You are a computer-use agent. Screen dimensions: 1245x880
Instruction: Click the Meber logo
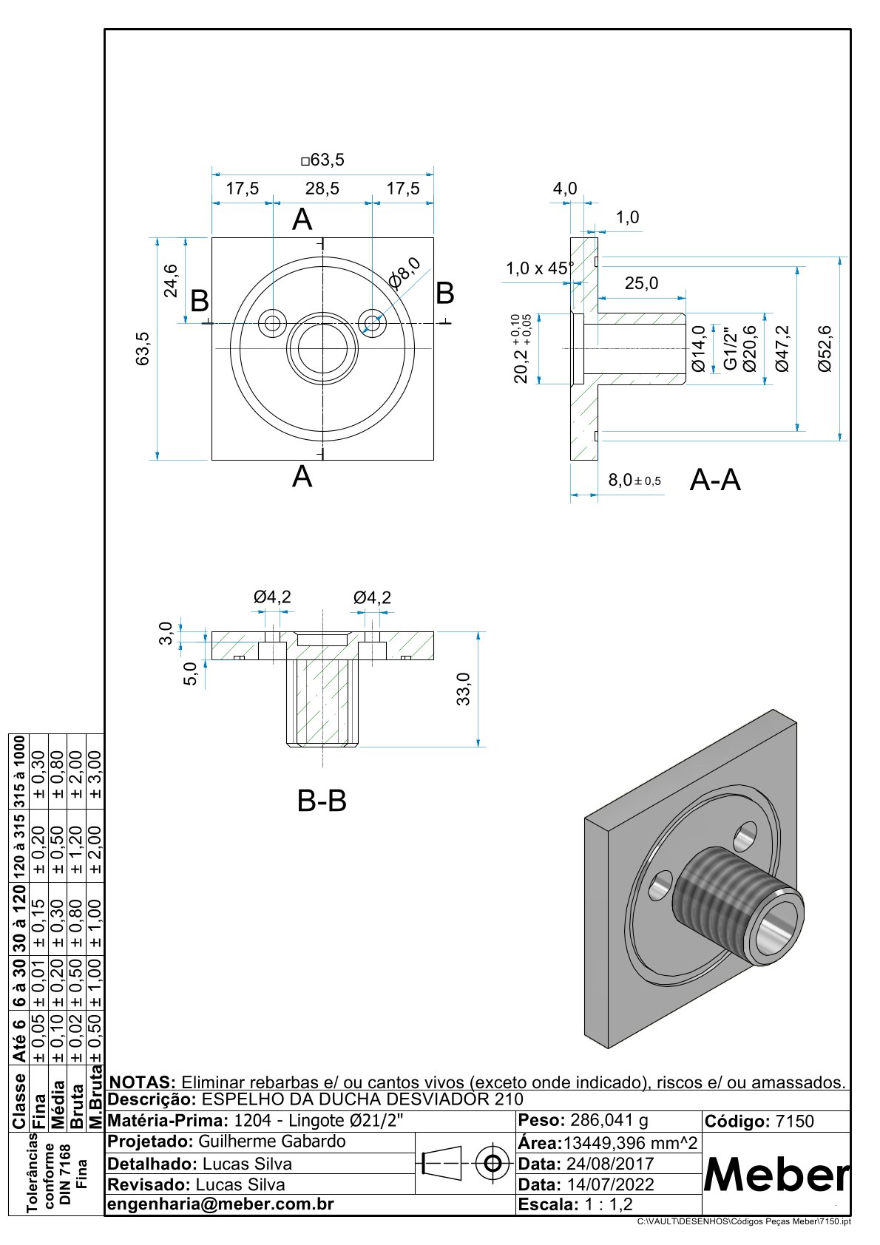pyautogui.click(x=776, y=1173)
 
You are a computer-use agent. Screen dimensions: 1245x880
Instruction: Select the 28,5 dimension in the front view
pyautogui.click(x=322, y=189)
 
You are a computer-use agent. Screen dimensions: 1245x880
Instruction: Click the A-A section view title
pyautogui.click(x=714, y=481)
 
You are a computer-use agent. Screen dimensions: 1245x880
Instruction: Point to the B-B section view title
pyautogui.click(x=322, y=801)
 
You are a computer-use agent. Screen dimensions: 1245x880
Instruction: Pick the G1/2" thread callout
pyautogui.click(x=730, y=349)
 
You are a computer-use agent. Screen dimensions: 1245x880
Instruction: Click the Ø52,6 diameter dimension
pyautogui.click(x=825, y=348)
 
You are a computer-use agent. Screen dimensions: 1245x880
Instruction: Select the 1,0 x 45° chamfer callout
pyautogui.click(x=539, y=268)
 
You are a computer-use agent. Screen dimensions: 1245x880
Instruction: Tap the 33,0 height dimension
pyautogui.click(x=463, y=689)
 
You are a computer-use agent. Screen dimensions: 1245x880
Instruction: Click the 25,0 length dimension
pyautogui.click(x=641, y=284)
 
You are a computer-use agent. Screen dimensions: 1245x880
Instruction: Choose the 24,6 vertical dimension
pyautogui.click(x=171, y=280)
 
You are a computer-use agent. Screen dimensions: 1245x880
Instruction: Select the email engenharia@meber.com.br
pyautogui.click(x=220, y=1204)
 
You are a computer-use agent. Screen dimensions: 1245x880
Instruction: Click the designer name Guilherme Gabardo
pyautogui.click(x=272, y=1141)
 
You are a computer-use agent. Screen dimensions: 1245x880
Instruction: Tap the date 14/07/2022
pyautogui.click(x=610, y=1184)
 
